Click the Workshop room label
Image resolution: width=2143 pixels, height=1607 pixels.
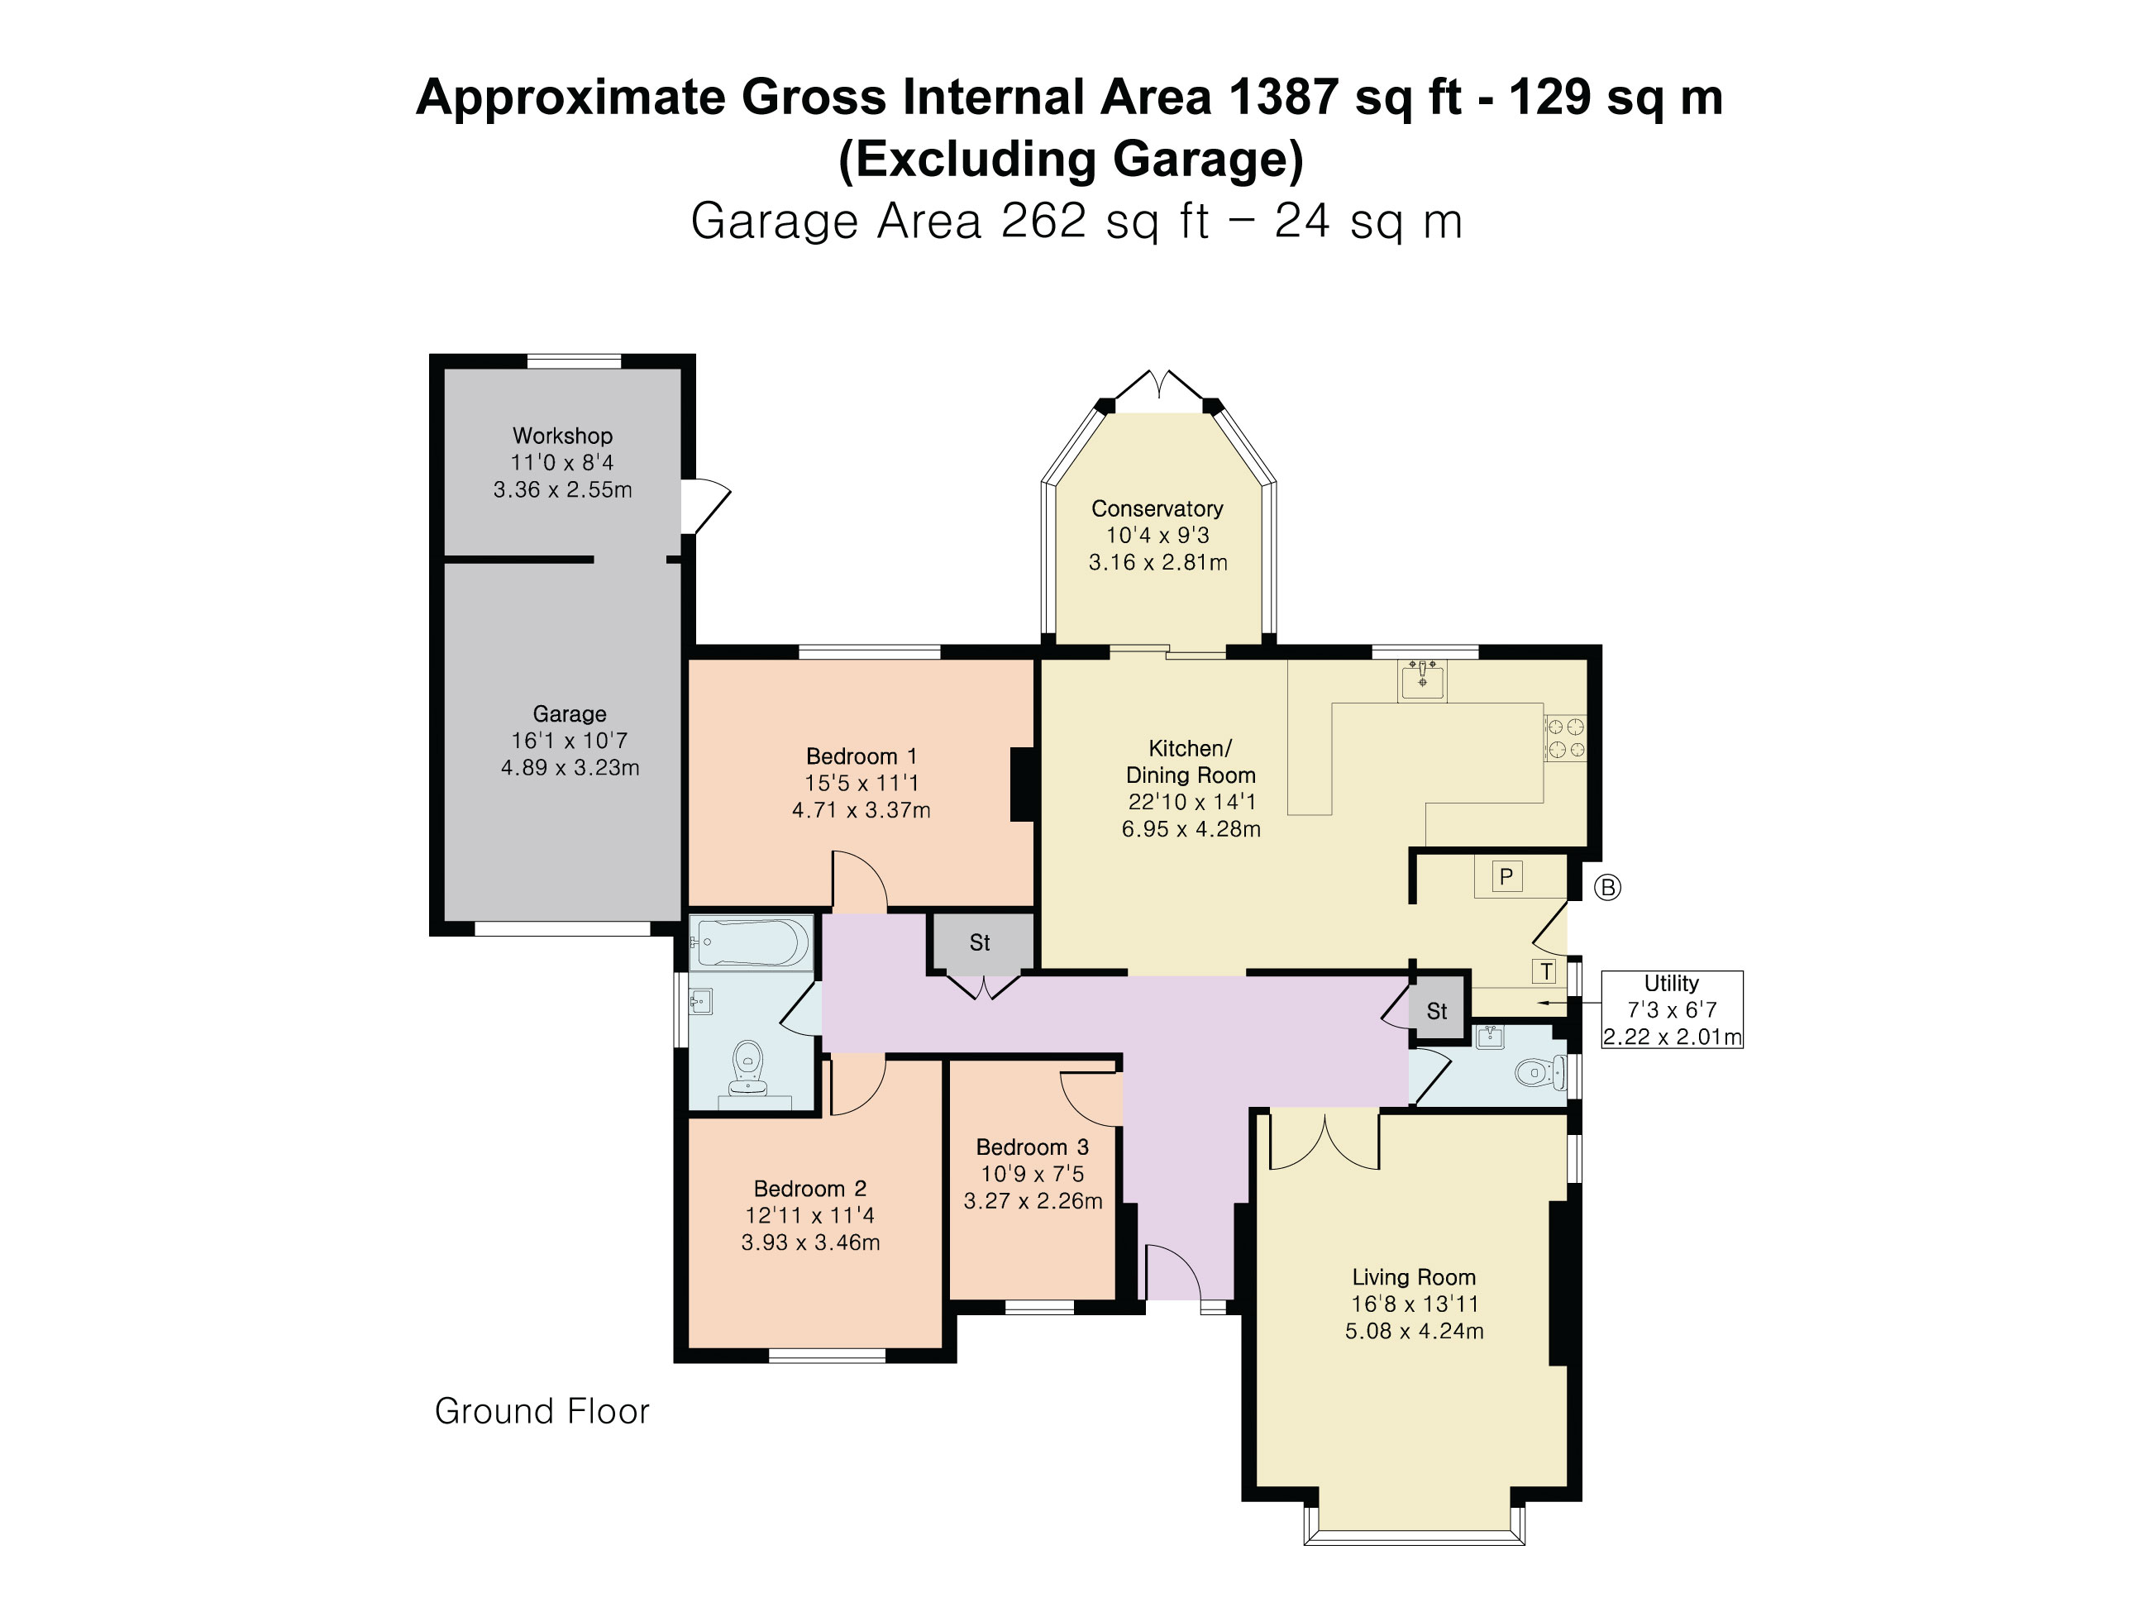[x=562, y=436]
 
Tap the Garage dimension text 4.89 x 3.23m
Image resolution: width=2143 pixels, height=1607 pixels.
[x=570, y=768]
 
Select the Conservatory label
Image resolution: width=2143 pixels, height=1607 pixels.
[x=1157, y=508]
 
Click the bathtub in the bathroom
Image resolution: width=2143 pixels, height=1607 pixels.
[x=752, y=942]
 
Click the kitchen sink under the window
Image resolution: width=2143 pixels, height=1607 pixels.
[x=1422, y=680]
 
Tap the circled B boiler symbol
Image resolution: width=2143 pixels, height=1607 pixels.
[x=1607, y=887]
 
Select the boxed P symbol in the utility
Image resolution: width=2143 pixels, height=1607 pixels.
[x=1506, y=876]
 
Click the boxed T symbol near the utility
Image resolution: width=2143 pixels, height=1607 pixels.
[x=1546, y=971]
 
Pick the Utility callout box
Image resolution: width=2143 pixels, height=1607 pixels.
[x=1673, y=1010]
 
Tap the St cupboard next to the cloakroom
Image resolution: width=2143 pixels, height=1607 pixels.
[x=1437, y=1011]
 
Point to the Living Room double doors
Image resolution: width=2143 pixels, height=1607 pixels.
[x=1324, y=1141]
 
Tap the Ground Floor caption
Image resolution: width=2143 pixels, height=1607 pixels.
[x=542, y=1411]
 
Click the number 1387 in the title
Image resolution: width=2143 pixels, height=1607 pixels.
[x=1284, y=97]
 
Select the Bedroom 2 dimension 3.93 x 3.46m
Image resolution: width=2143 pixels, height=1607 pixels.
[x=811, y=1242]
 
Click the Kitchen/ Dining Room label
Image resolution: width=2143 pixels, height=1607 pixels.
[x=1191, y=762]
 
